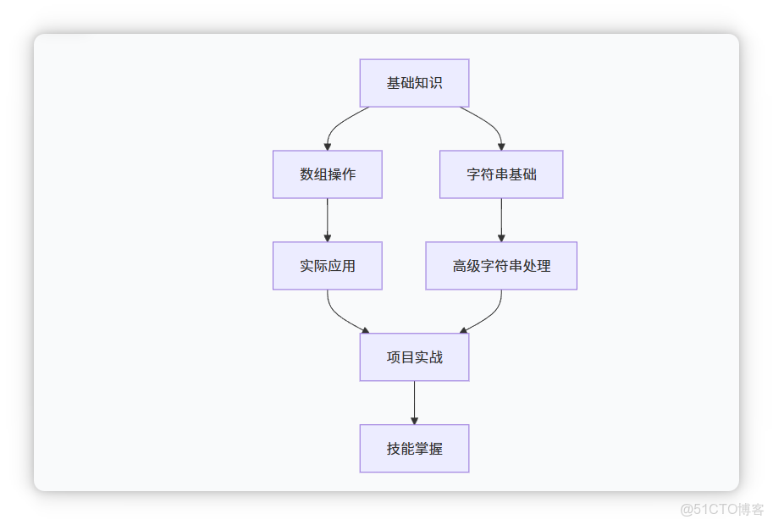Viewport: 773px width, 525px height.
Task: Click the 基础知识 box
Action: (414, 83)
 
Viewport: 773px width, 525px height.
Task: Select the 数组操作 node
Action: (327, 174)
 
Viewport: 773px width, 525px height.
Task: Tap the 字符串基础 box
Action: (501, 174)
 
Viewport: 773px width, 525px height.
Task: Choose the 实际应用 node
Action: (327, 266)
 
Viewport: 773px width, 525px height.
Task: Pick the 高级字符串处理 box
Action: (501, 266)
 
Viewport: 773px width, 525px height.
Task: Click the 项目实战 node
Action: (414, 357)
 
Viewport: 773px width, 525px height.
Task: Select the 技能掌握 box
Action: (414, 449)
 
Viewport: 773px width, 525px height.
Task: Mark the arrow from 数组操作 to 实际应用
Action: (328, 218)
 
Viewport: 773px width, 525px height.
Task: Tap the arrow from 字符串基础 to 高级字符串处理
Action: (501, 218)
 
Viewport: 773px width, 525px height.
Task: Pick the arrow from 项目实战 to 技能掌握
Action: (414, 401)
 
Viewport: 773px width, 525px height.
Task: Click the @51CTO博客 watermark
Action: (721, 508)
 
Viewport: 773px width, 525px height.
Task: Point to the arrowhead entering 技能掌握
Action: (414, 420)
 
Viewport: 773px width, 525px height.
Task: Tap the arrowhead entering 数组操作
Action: (328, 146)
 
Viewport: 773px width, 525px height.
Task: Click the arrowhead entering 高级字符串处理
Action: (501, 238)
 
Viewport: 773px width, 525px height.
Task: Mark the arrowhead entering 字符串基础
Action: (501, 146)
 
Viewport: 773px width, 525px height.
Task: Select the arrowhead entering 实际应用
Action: (328, 238)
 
